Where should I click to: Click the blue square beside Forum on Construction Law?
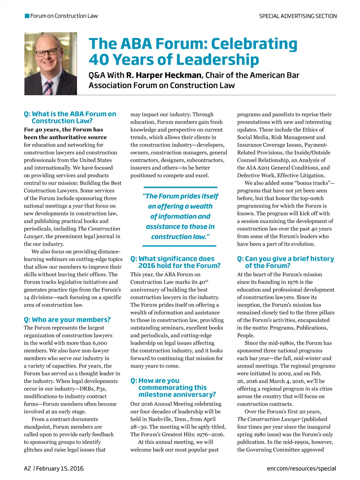coord(27,16)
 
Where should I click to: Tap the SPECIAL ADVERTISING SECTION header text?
coord(298,16)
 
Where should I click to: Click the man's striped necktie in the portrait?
coord(48,88)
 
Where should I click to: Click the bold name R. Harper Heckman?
coord(164,75)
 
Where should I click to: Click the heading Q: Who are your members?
coord(67,320)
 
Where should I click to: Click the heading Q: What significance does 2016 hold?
coord(176,262)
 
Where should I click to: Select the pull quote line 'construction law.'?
coord(180,237)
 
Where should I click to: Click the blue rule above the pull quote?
coord(180,187)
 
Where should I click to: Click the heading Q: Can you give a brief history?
coord(285,262)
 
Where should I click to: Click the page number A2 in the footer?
coord(27,468)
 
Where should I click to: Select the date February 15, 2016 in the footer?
coord(60,468)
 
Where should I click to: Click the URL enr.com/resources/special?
coord(301,468)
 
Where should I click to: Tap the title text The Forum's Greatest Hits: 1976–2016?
coord(177,434)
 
